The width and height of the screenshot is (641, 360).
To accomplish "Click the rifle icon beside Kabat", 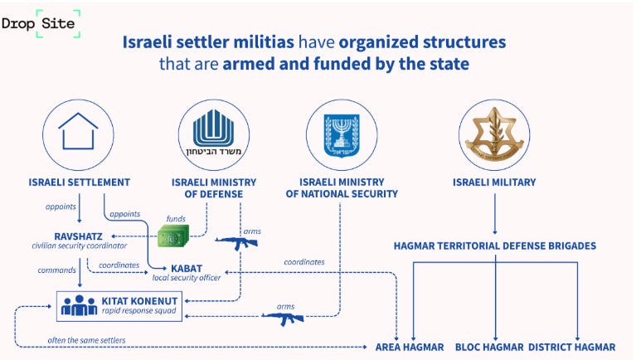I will tap(238, 244).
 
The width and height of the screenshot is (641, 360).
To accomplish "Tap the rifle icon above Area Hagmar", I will tap(284, 317).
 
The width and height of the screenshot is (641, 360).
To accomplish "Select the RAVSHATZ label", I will tap(77, 236).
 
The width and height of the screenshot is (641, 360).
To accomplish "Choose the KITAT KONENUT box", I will tap(120, 306).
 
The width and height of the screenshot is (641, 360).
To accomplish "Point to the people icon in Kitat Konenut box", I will tap(80, 306).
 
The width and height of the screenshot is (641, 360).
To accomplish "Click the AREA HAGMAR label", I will tap(410, 347).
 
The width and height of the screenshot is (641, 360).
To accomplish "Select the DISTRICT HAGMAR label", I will tap(571, 347).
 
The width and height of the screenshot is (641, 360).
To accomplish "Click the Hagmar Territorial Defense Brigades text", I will tap(494, 246).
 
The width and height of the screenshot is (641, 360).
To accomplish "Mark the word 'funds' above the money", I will tap(175, 219).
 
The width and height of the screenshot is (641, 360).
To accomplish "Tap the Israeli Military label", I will tap(494, 182).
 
